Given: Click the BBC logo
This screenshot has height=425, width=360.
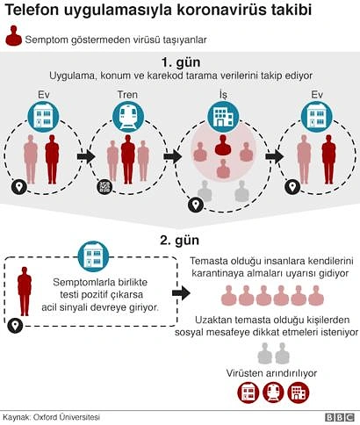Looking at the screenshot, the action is pos(340,417).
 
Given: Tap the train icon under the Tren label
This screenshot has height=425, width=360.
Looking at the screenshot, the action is pos(128,117).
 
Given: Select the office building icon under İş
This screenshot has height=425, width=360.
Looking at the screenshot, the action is pos(223,117).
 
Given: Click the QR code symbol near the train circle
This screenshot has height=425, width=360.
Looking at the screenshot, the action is pos(104,186).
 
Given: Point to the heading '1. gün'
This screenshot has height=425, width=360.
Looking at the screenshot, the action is pos(181,62).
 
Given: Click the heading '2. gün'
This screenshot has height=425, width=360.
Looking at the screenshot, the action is pos(180,240).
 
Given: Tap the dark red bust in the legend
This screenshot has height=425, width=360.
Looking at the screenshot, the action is pos(13,36).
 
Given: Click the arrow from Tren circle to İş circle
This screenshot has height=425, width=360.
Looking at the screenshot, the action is pos(172,156).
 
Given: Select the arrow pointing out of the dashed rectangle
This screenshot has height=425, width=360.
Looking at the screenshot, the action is pos(181,293).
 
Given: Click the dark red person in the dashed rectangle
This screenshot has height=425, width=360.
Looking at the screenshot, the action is pos(25,291).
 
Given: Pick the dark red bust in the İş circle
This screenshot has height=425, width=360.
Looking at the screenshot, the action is pos(223,145).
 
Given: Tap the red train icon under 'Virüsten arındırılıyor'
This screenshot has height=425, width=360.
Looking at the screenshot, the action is pos(273,393).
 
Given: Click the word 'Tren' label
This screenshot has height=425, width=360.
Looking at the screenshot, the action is pos(127,95).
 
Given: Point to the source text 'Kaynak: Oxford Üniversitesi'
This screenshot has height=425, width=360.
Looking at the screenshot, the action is pos(52,417).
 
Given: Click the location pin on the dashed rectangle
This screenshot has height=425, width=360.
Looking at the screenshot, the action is pos(15,325).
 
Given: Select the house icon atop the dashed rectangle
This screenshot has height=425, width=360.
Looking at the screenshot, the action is pos(93,256).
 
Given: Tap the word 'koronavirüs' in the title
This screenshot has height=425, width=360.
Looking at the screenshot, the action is pos(222,10).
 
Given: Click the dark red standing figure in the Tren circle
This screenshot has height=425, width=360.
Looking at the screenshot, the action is pos(128,159).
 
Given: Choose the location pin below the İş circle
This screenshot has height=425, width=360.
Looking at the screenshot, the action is pos(196,205).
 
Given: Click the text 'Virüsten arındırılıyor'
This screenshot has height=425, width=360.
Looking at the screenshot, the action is pos(271,373).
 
